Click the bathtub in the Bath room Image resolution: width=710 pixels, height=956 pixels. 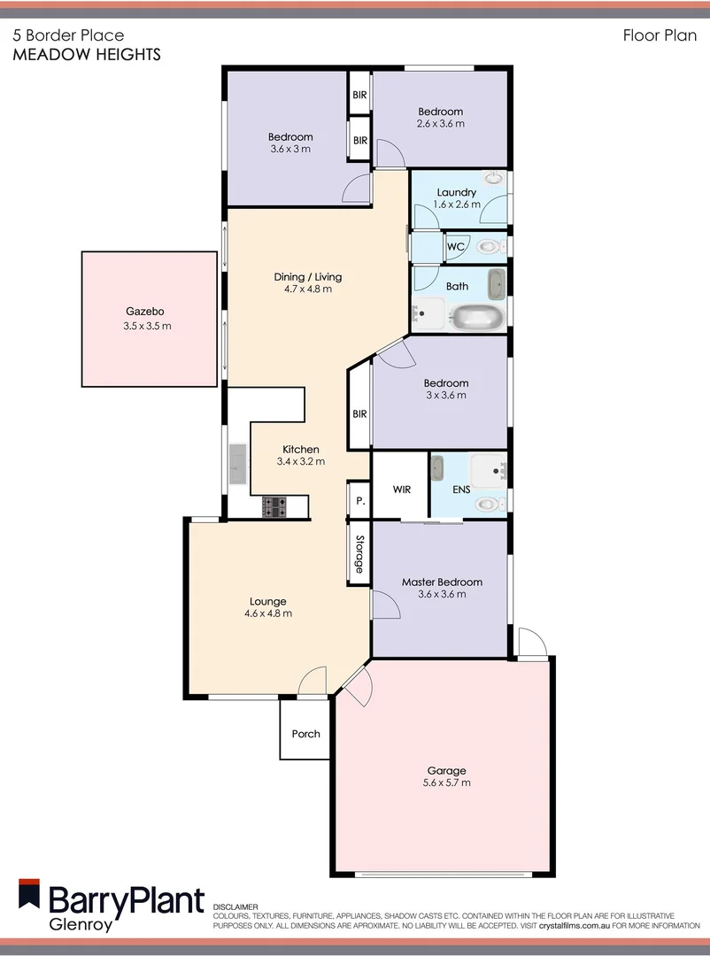(x=477, y=316)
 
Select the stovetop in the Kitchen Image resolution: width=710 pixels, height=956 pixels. (x=274, y=506)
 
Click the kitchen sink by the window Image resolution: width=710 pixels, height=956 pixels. (x=237, y=464)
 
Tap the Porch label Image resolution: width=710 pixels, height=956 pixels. (x=305, y=734)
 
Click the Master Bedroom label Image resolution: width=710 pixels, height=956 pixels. (x=442, y=582)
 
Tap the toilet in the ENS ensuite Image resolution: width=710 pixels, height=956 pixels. (x=487, y=504)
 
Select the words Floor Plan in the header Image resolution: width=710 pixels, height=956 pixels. (x=660, y=36)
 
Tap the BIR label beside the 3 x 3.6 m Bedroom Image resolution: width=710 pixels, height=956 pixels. (x=359, y=414)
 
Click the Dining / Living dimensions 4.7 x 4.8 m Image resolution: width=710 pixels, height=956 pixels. (x=307, y=289)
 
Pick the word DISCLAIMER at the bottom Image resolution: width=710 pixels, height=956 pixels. (x=235, y=906)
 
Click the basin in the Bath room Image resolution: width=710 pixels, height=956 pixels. (x=497, y=284)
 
